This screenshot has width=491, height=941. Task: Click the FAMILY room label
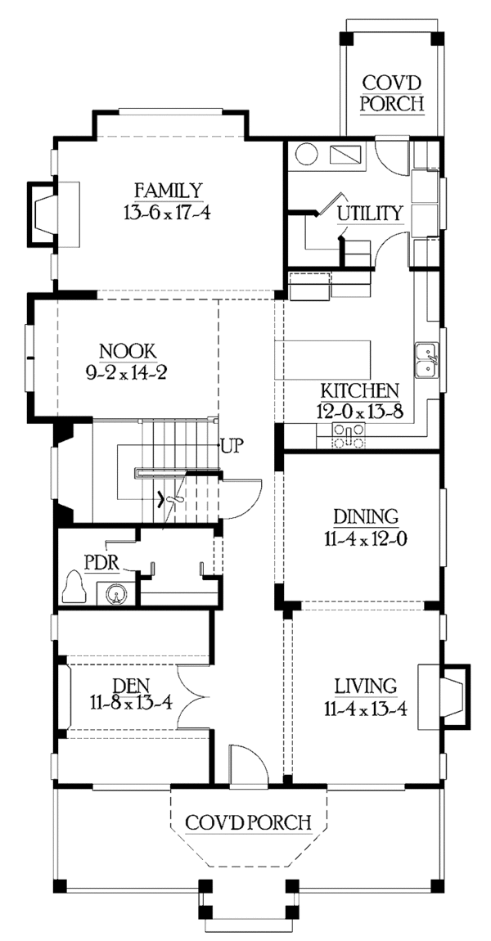coord(168,191)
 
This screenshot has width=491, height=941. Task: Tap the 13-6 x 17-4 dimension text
coord(168,213)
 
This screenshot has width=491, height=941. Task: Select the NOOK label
coord(126,351)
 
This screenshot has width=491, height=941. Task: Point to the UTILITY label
coord(368,213)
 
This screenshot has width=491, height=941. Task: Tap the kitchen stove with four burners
coord(349,435)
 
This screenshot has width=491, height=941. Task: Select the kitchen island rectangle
coord(323,359)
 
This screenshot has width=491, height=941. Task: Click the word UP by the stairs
coord(232,447)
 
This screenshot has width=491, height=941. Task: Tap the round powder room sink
coord(114,594)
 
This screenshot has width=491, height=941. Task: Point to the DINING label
coord(366,516)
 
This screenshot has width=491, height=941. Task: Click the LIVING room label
coord(366,686)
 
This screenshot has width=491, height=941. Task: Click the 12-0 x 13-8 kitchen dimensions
coord(358,412)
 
